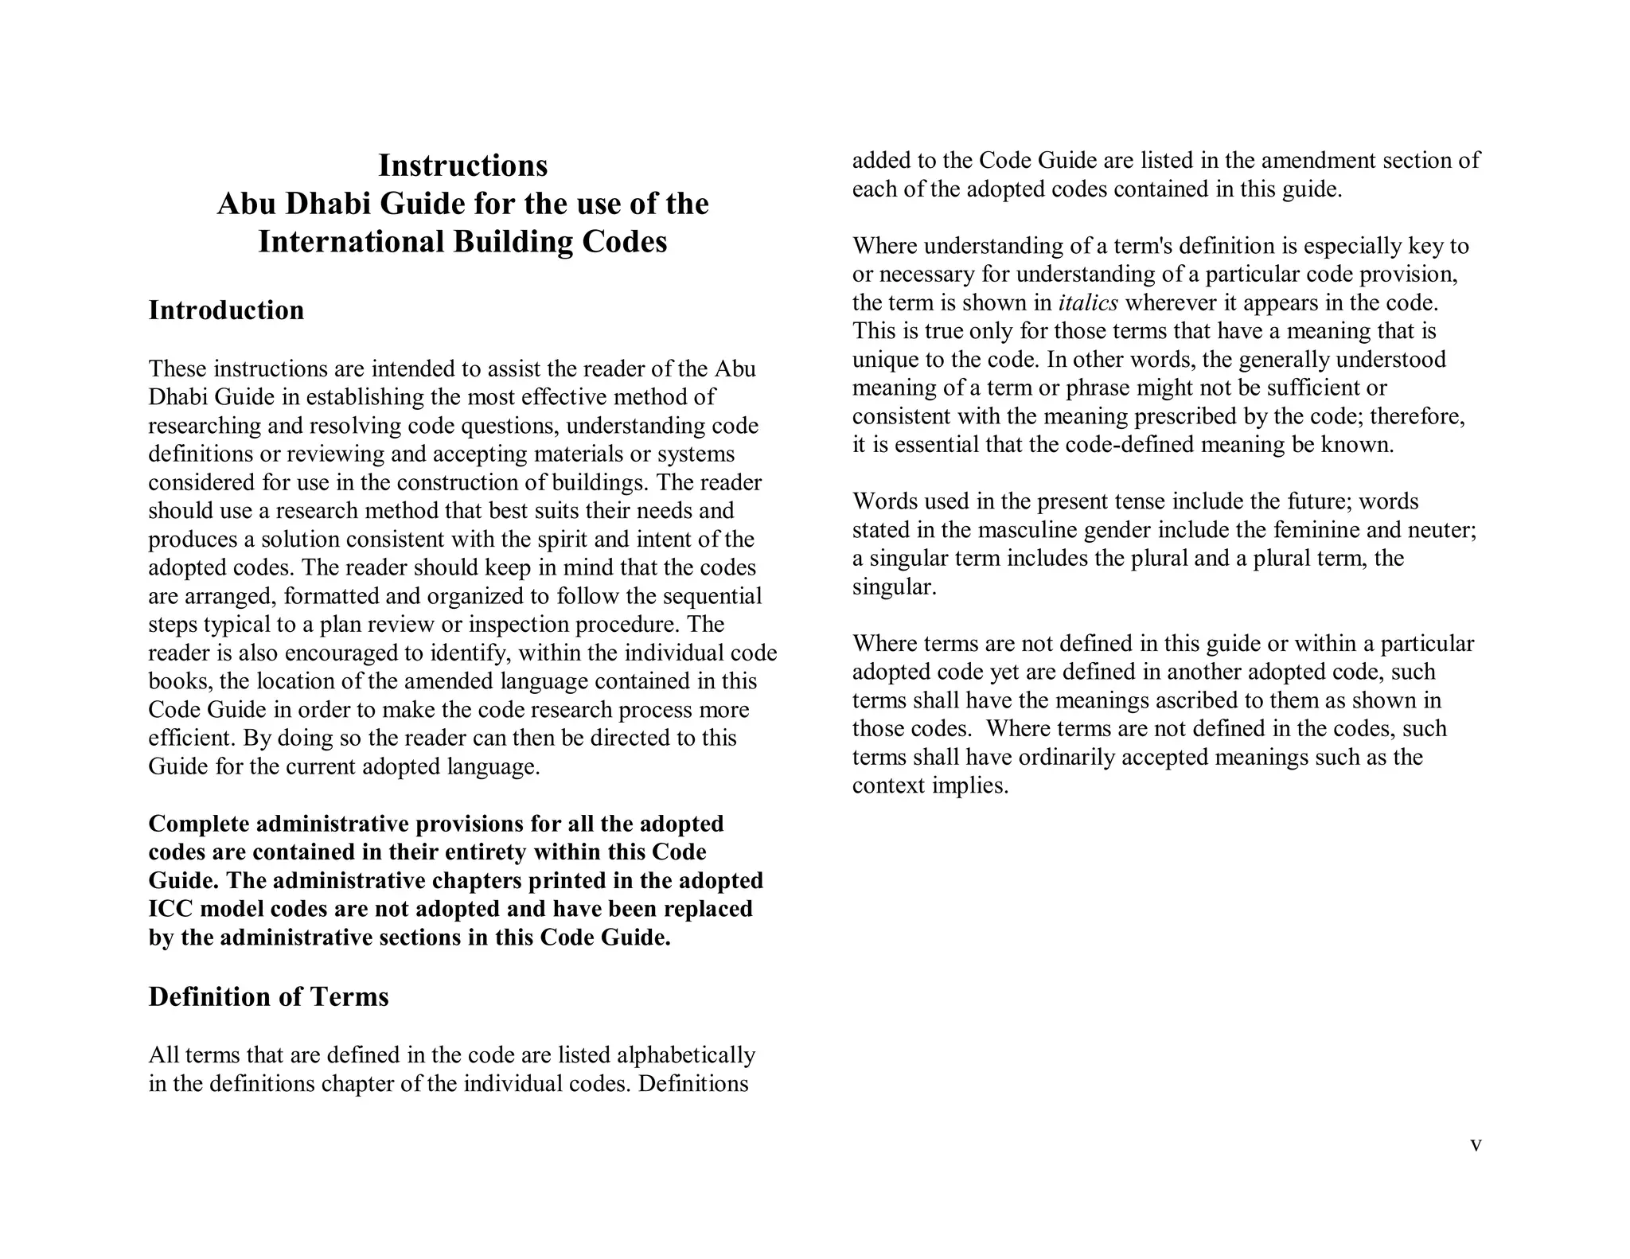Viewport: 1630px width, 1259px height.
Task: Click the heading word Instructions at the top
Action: coord(462,166)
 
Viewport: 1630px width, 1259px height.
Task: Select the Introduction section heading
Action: coord(226,310)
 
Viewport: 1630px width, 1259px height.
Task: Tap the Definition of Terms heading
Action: coord(268,996)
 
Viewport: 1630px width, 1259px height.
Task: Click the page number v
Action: coord(1476,1145)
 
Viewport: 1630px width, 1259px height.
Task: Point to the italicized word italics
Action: coord(1088,302)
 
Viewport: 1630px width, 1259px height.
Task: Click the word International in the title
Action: coord(351,242)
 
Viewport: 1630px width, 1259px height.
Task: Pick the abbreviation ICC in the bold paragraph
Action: coord(170,909)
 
